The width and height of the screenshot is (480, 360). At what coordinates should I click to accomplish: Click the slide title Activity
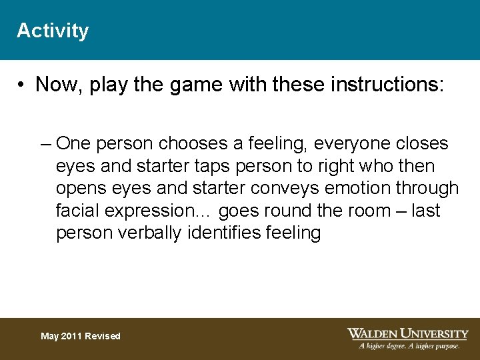click(x=53, y=31)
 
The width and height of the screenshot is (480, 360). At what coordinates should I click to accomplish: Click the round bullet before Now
click(x=22, y=85)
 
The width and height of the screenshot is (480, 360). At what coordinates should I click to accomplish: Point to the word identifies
click(x=236, y=234)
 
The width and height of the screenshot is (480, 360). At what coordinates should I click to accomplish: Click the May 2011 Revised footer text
click(x=81, y=337)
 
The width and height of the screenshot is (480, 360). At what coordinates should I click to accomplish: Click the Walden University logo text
click(x=407, y=333)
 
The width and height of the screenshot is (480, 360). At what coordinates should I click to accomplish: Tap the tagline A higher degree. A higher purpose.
click(x=409, y=346)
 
